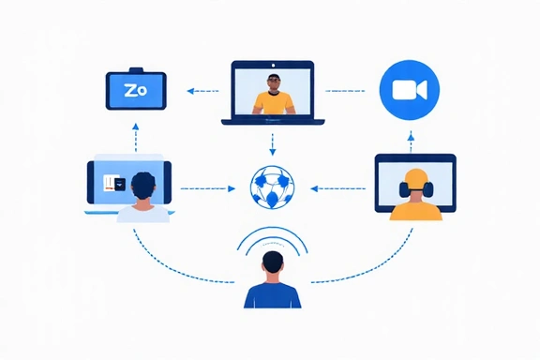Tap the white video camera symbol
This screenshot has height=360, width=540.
coord(409,90)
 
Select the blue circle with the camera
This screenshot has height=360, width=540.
coord(409,90)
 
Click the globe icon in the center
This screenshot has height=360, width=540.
coord(273,187)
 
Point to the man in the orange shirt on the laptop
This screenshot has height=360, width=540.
coord(273,96)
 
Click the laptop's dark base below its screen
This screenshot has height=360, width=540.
coord(273,121)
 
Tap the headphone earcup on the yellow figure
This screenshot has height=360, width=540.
coord(403,190)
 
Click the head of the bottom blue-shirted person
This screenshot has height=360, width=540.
coord(273,262)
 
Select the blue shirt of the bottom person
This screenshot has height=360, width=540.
coord(273,294)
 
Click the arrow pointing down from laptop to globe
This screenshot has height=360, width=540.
coord(273,143)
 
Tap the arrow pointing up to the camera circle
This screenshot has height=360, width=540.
coord(410,141)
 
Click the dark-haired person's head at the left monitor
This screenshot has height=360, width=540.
coord(142,187)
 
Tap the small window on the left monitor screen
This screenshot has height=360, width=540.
coord(112,184)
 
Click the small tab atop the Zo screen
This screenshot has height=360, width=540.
coord(136,69)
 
